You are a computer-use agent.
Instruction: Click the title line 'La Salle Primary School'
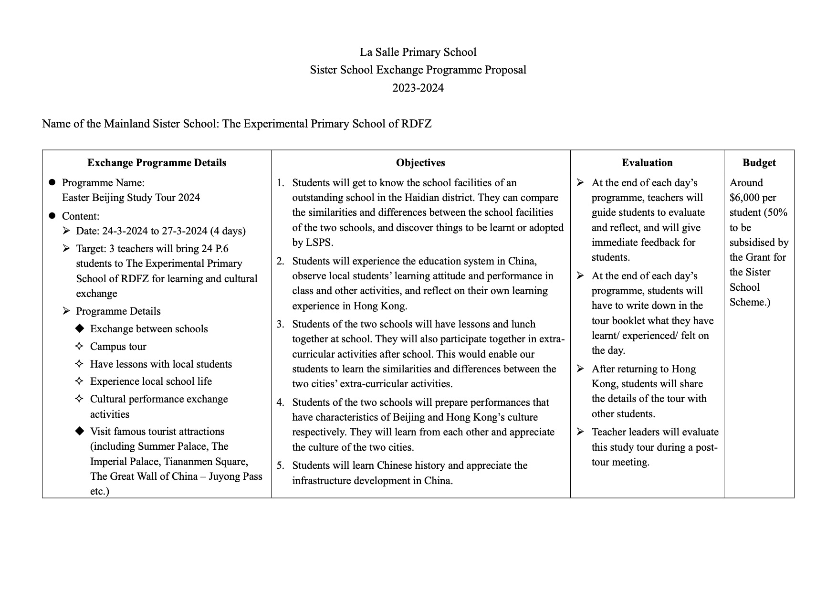[x=418, y=52]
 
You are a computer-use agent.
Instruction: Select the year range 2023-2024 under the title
[x=418, y=88]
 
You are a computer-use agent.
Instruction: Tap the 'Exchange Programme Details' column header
[x=157, y=163]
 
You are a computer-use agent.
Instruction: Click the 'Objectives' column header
[x=420, y=163]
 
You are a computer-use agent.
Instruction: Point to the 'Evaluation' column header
[x=647, y=163]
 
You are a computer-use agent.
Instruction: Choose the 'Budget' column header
[x=759, y=163]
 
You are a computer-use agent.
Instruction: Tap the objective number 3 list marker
[x=280, y=324]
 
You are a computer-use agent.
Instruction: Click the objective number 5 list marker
[x=280, y=465]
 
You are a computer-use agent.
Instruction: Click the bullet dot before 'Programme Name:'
[x=52, y=182]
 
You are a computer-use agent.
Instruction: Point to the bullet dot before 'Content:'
[x=52, y=216]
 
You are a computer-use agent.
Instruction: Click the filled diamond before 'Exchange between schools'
[x=80, y=328]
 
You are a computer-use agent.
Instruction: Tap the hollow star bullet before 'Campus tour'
[x=80, y=346]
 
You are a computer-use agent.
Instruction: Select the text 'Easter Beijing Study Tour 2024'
[x=131, y=198]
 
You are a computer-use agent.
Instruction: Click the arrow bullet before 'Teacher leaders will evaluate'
[x=580, y=432]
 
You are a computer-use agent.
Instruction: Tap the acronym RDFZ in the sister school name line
[x=416, y=124]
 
